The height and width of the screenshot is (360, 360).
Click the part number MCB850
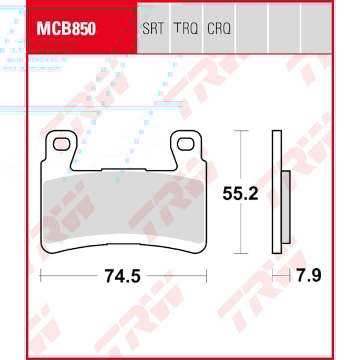pyautogui.click(x=66, y=29)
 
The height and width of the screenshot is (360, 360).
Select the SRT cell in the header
pyautogui.click(x=154, y=29)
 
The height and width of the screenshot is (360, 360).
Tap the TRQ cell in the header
pyautogui.click(x=186, y=29)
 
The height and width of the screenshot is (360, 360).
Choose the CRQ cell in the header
pyautogui.click(x=219, y=29)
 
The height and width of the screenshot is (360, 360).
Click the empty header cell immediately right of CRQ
pyautogui.click(x=251, y=29)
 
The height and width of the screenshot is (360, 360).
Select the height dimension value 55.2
pyautogui.click(x=240, y=194)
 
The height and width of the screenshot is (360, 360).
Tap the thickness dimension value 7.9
pyautogui.click(x=309, y=276)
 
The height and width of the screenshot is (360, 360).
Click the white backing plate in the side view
pyautogui.click(x=277, y=192)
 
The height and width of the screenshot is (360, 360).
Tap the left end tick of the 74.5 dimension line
pyautogui.click(x=40, y=275)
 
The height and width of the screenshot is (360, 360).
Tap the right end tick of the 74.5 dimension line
pyautogui.click(x=206, y=275)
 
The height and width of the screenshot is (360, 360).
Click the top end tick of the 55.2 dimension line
pyautogui.click(x=241, y=130)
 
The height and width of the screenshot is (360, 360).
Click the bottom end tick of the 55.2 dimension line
pyautogui.click(x=241, y=254)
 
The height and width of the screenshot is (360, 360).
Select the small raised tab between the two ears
pyautogui.click(x=124, y=170)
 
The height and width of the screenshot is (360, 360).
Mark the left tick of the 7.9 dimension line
pyautogui.click(x=272, y=275)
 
